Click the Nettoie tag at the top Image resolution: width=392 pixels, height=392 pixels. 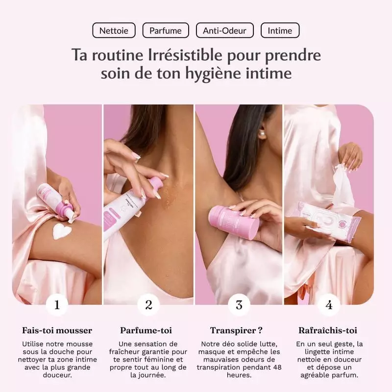114,30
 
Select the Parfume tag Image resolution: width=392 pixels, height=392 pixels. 166,30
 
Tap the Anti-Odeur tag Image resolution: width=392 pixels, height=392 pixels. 224,30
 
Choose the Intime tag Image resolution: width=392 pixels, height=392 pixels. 280,30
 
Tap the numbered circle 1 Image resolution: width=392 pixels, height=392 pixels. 57,305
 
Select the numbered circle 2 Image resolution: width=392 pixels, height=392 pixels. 148,305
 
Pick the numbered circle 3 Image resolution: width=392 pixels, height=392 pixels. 239,305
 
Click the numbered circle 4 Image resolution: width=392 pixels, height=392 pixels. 329,305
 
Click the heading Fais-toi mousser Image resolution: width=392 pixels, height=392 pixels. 57,330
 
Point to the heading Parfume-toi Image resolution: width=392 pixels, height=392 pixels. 146,330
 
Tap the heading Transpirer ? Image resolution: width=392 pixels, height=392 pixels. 236,330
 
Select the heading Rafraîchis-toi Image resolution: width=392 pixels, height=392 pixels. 328,330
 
